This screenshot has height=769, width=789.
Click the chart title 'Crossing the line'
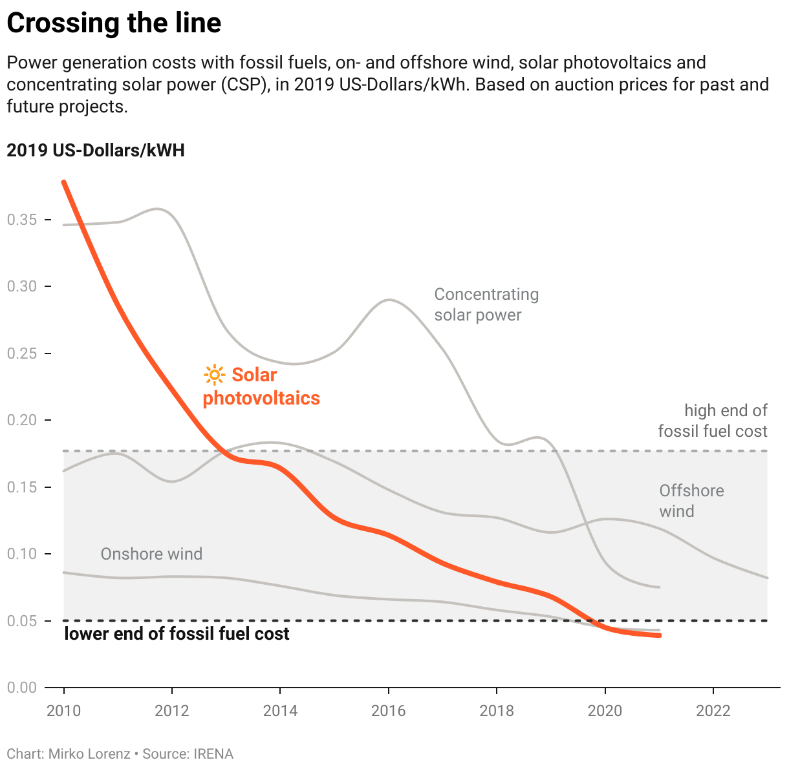point(114,24)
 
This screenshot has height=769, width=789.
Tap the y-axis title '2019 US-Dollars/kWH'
point(96,151)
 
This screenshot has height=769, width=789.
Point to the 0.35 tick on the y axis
point(21,220)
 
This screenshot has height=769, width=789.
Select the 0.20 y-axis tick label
point(21,420)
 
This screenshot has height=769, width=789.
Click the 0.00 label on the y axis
point(21,688)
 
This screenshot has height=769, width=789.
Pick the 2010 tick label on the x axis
point(64,711)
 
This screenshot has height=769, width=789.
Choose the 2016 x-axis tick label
point(388,711)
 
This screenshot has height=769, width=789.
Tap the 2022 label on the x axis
point(713,711)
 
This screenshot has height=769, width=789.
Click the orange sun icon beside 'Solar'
point(214,375)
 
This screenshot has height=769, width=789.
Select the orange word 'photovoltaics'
point(261,398)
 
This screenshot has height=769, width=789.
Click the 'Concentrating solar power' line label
point(486,304)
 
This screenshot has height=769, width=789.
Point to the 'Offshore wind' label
point(691,501)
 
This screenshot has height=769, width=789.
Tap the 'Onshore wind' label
point(151,554)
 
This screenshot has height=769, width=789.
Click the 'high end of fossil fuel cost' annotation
point(713,421)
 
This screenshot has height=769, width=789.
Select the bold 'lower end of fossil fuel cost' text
point(177,634)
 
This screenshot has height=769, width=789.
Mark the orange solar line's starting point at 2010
point(64,183)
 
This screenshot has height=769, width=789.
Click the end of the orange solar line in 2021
point(658,635)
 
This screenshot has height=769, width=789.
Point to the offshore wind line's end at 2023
point(766,578)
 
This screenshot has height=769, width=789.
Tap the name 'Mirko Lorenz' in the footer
point(89,754)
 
